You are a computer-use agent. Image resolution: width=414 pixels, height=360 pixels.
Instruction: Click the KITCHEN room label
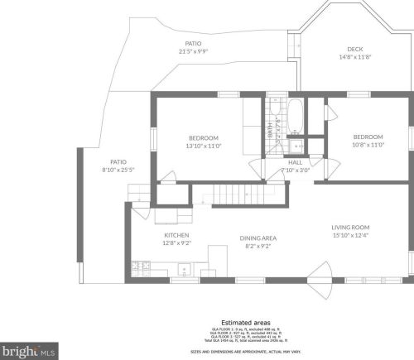click(x=177, y=236)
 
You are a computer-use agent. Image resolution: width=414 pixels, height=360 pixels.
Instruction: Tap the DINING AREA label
click(x=258, y=237)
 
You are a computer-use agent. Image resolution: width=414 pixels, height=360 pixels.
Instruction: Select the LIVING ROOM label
click(x=350, y=227)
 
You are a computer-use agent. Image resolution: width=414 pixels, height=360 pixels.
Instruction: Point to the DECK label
click(x=355, y=48)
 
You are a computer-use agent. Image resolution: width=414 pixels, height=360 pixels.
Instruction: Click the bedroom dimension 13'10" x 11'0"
click(x=203, y=146)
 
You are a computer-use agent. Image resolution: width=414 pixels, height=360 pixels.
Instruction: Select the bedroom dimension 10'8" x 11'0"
click(x=368, y=145)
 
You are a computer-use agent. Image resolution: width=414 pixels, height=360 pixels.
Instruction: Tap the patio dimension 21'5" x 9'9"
click(x=193, y=51)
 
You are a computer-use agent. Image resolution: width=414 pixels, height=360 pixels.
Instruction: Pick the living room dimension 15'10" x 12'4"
click(x=350, y=235)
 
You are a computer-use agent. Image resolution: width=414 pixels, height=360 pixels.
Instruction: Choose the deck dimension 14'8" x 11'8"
click(x=355, y=56)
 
